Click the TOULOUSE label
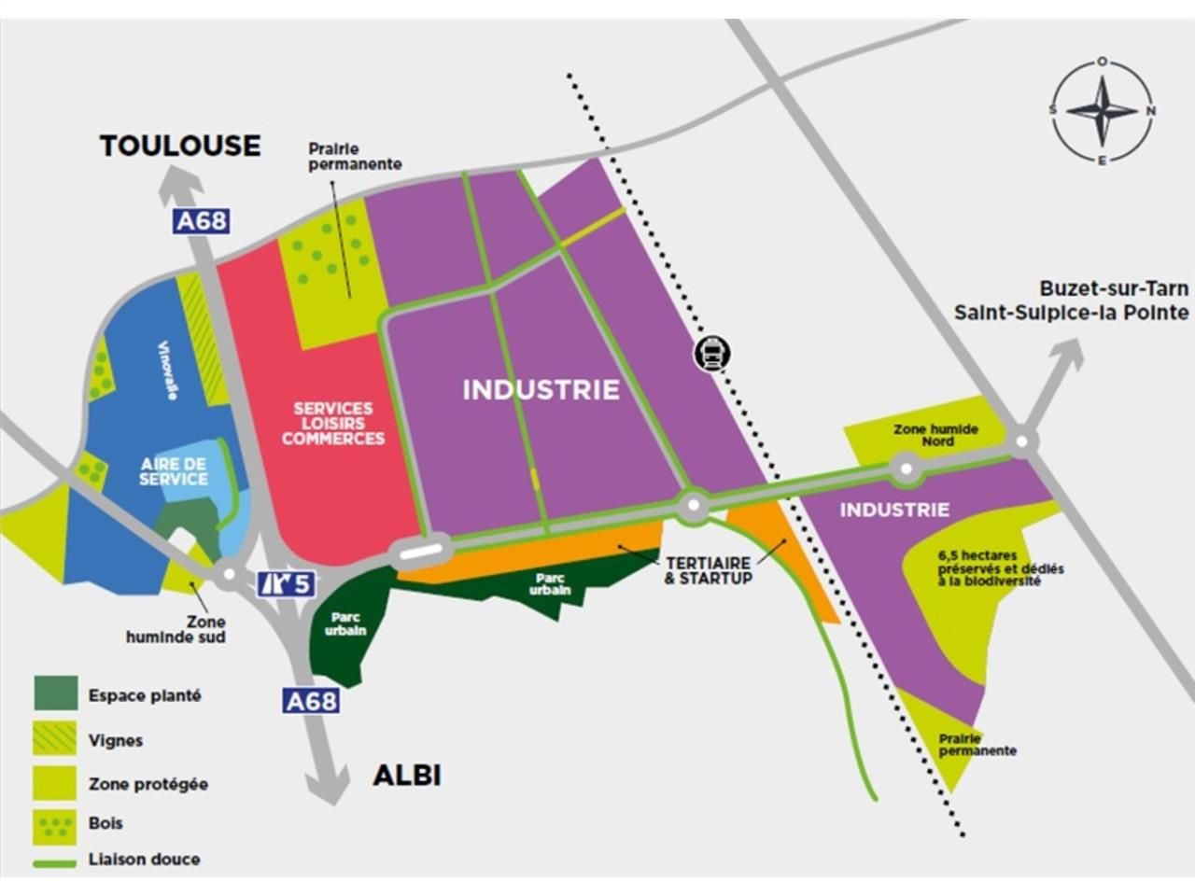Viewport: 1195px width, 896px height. pos(180,146)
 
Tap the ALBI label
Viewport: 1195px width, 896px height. pos(407,776)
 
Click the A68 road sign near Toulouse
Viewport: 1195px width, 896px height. pos(202,221)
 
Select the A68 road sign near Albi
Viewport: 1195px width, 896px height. pos(311,701)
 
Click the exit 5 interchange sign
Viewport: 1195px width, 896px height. pos(286,584)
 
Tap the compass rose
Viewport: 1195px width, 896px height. pos(1103,111)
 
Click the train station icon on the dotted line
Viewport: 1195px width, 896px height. pos(711,354)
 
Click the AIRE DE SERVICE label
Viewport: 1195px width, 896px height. pos(174,471)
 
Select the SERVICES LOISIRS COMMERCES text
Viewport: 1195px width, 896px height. pos(333,423)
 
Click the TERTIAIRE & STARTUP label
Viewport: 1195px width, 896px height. pos(708,570)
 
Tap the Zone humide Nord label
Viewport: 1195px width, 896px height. pos(935,435)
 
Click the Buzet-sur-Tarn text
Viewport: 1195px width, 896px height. pos(1114,288)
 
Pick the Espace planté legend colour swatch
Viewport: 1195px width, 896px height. pos(55,693)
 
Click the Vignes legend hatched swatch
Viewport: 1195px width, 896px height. pos(55,738)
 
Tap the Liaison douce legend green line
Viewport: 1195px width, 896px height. pos(55,863)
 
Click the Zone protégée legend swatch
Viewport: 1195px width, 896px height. pos(55,783)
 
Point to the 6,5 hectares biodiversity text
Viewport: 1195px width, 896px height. pos(1000,567)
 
